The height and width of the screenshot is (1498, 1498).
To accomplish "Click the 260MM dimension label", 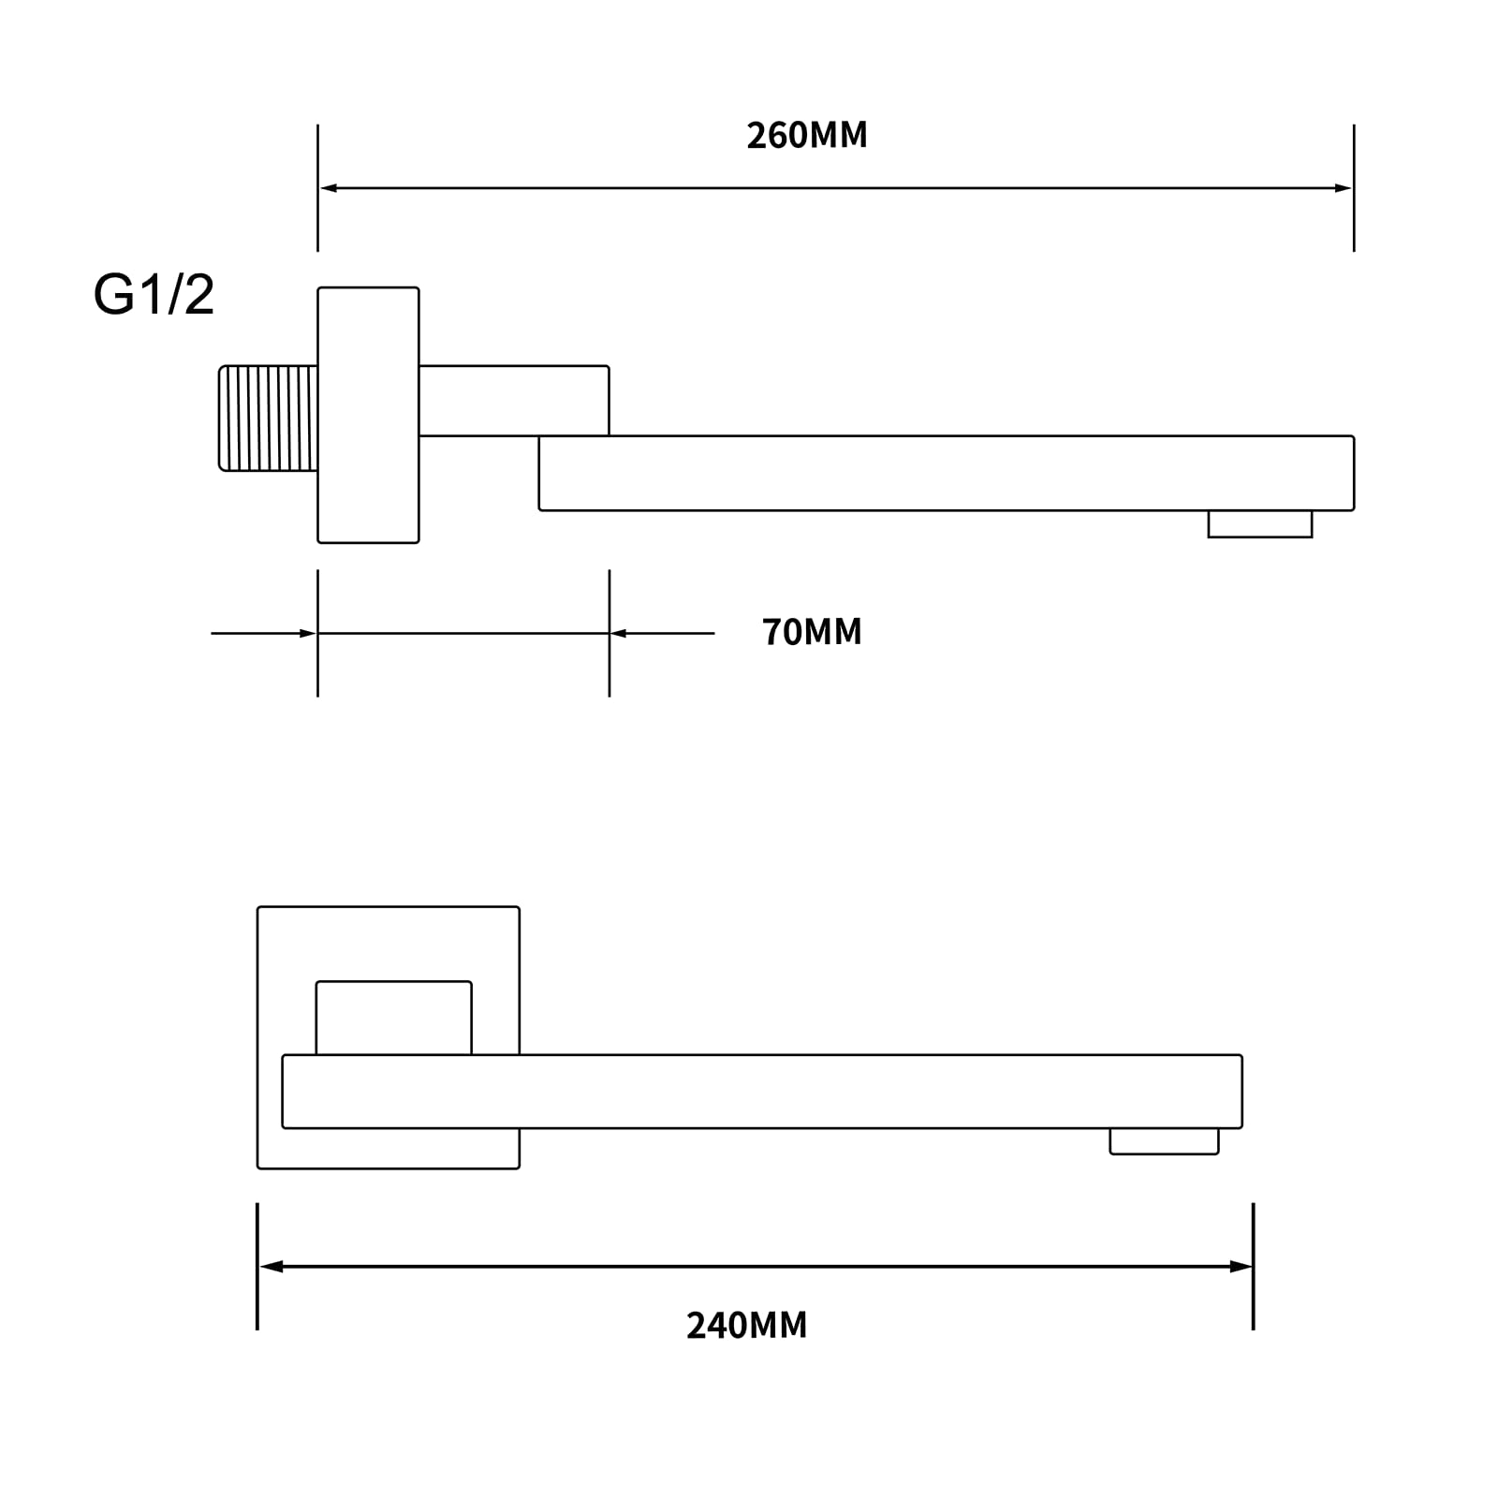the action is pos(807,136).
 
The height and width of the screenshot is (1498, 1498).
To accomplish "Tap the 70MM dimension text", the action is pos(812,632).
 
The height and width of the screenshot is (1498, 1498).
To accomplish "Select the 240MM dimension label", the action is pos(746,1326).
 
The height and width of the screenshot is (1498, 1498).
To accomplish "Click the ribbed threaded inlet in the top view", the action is pos(268,418).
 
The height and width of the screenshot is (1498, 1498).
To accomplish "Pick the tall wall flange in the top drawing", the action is pos(368,415).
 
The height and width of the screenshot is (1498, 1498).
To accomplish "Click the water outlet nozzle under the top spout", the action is pos(1260,523).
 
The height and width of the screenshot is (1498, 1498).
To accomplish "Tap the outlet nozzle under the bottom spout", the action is pos(1164,1141).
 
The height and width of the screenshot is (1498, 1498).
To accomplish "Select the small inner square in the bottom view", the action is pos(393,1018).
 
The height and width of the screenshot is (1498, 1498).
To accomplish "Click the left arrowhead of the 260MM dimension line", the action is pos(329,188).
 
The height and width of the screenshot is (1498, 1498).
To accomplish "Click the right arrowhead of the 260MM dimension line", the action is pos(1343,188).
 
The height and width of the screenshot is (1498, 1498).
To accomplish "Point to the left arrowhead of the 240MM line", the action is pos(271,1267).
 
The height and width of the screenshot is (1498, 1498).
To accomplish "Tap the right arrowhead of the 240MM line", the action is pos(1241,1267).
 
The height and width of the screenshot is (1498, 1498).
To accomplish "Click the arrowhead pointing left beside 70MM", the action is pos(619,634).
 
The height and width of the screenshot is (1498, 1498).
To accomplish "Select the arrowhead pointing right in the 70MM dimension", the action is pos(308,634).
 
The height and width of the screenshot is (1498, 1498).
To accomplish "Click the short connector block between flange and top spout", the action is pos(513,401).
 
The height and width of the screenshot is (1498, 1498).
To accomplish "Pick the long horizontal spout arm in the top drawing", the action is pos(947,473).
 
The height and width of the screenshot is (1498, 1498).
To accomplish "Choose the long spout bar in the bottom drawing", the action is pos(762,1092).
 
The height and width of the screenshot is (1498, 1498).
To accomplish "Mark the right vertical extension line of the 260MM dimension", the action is pos(1354,188).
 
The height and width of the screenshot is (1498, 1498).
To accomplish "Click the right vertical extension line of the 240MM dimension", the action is pos(1254,1267).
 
